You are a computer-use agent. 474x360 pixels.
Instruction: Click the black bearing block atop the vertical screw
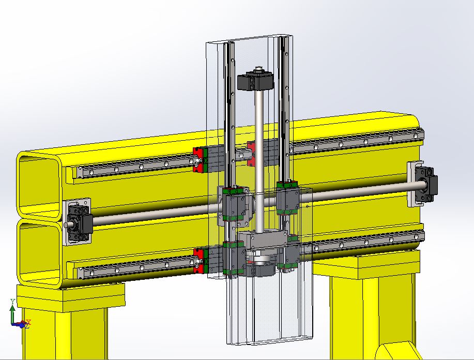(255, 80)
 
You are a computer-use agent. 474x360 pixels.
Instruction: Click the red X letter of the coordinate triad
(29, 322)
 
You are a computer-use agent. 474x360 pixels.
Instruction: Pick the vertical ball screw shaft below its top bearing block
(258, 160)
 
